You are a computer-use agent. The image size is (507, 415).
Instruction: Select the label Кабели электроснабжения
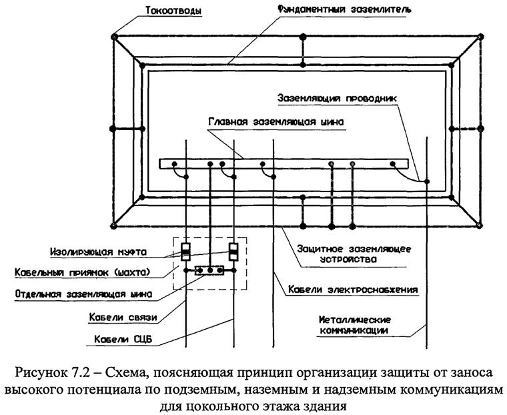(354, 290)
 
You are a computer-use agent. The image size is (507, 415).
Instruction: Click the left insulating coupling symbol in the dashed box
(185, 252)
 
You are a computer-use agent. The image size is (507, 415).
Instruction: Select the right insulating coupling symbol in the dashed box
(233, 252)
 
